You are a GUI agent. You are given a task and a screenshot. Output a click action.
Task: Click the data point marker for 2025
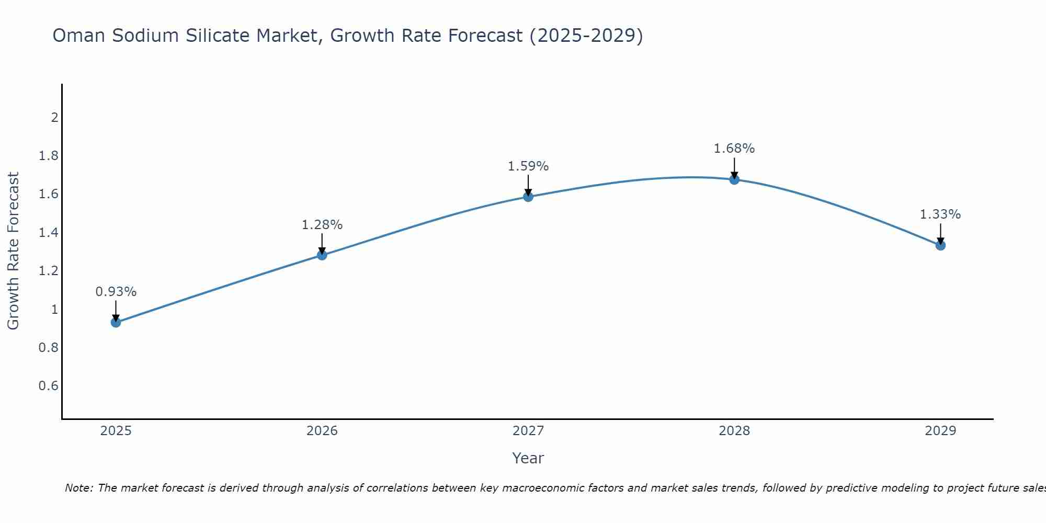(x=116, y=322)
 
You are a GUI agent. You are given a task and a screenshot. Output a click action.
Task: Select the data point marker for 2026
(x=322, y=255)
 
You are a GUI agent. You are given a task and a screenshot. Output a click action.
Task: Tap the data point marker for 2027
(x=528, y=197)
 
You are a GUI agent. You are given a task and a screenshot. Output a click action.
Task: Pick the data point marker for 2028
(x=734, y=179)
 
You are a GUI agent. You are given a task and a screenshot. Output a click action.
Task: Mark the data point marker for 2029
(x=940, y=245)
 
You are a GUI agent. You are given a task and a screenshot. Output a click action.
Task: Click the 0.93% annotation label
(x=116, y=292)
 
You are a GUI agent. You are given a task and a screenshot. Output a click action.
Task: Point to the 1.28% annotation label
(x=322, y=225)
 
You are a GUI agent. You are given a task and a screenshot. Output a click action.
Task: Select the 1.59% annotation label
(x=528, y=166)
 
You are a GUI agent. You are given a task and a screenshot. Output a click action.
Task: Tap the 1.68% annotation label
(x=734, y=149)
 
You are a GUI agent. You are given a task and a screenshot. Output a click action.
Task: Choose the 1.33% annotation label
(x=940, y=214)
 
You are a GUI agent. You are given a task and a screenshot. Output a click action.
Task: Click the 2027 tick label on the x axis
(x=528, y=431)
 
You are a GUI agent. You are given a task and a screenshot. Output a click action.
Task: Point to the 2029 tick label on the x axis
(x=940, y=431)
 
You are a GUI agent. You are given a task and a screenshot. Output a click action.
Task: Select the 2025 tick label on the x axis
(x=116, y=431)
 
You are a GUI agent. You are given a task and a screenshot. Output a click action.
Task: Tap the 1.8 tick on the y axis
(x=49, y=156)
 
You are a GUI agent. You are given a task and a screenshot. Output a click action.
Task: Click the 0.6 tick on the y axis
(x=49, y=386)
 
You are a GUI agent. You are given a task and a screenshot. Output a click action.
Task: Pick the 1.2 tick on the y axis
(x=49, y=271)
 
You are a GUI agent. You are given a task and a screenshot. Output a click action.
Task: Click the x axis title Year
(x=528, y=458)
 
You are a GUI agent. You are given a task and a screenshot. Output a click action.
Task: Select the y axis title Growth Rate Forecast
(x=14, y=251)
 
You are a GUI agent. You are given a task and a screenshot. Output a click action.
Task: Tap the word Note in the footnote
(x=78, y=488)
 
